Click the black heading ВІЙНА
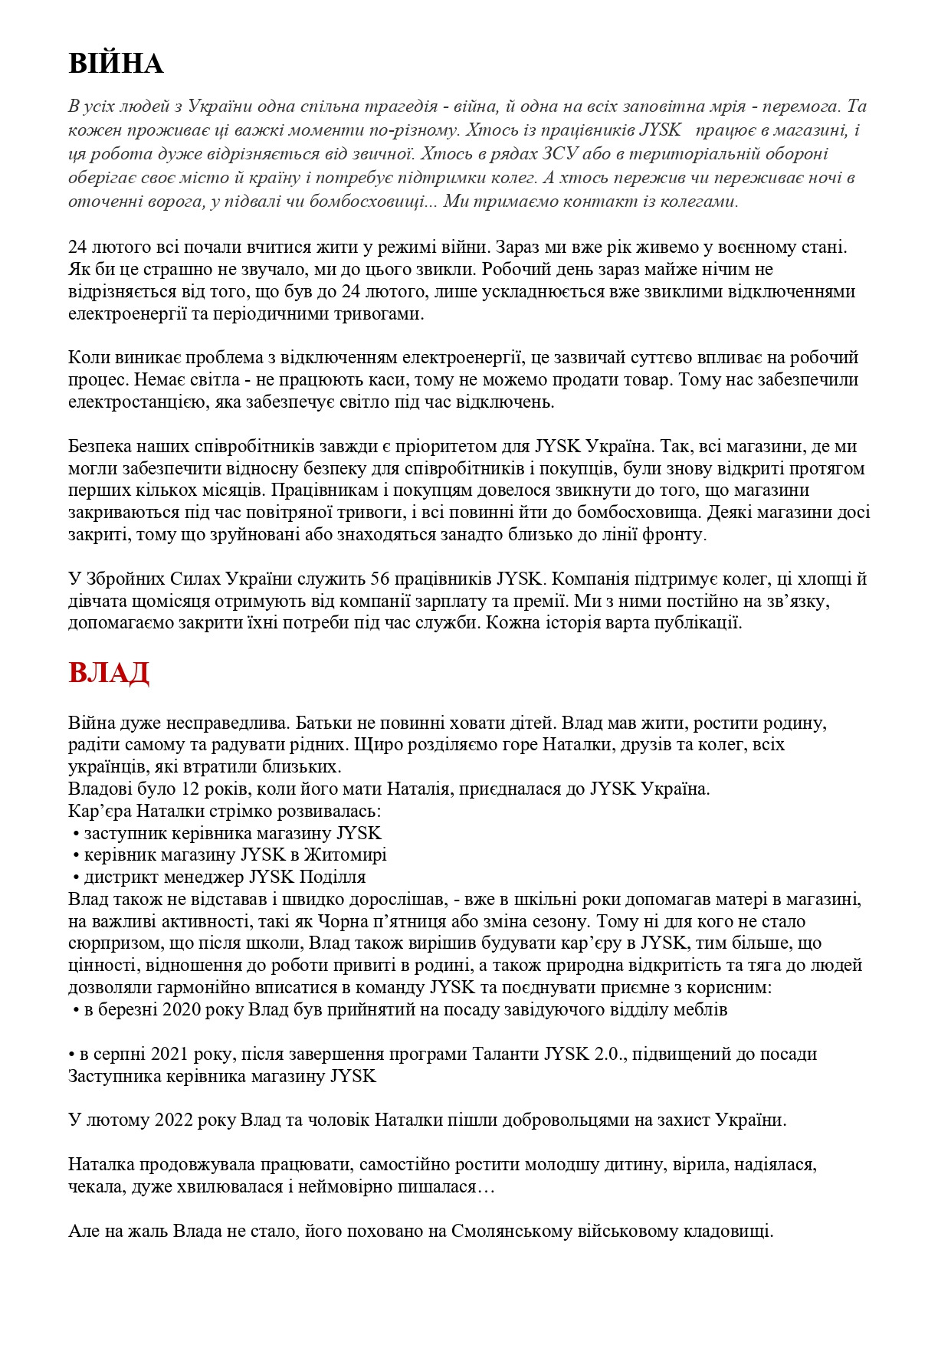click(x=116, y=63)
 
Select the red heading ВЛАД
click(x=108, y=672)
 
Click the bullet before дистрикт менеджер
click(x=76, y=878)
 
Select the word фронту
click(x=675, y=535)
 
